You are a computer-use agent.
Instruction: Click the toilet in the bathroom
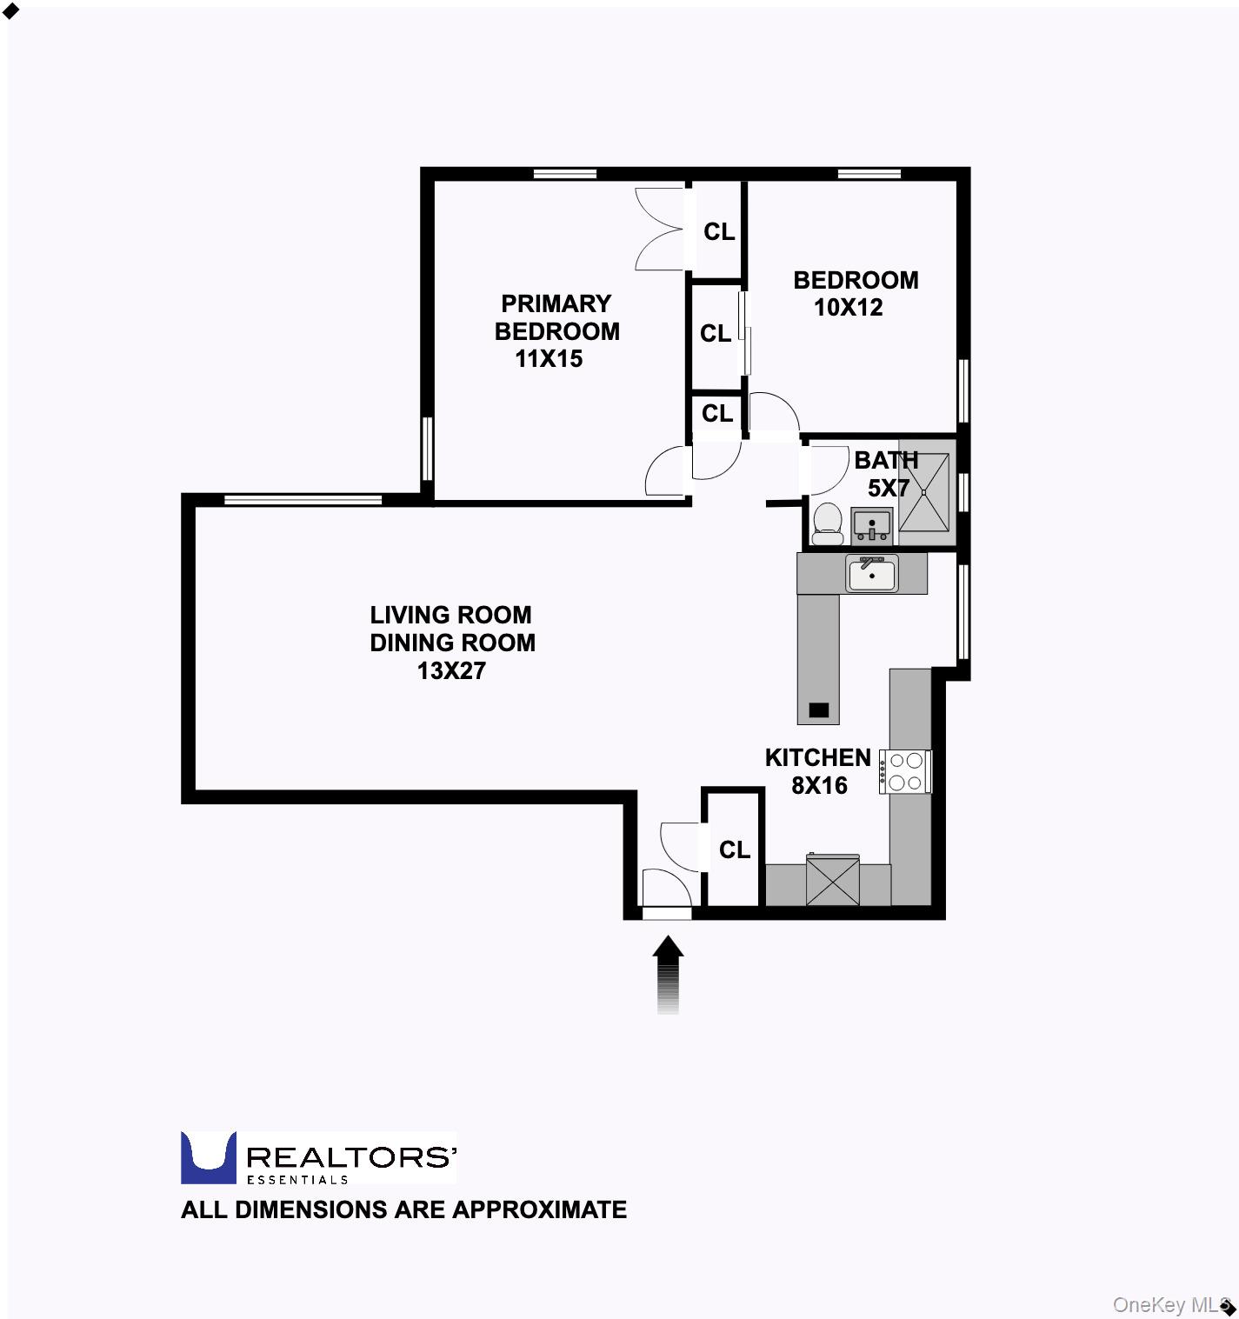[x=827, y=524]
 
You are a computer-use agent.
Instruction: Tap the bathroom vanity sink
[x=871, y=525]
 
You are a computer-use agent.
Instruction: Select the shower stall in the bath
[x=924, y=492]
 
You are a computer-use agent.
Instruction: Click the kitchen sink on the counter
[x=872, y=575]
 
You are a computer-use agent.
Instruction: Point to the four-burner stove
[x=905, y=771]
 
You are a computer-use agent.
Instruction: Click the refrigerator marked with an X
[x=832, y=880]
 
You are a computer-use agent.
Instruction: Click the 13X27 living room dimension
[x=451, y=670]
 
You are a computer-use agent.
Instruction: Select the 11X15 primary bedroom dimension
[x=549, y=358]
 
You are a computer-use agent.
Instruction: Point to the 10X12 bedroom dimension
[x=848, y=307]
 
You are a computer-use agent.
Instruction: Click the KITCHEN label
[x=817, y=757]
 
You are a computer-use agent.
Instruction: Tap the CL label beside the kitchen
[x=734, y=849]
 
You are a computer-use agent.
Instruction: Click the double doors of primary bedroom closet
[x=658, y=229]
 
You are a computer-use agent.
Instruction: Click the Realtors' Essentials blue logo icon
[x=208, y=1157]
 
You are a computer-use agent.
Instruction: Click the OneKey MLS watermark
[x=1169, y=1304]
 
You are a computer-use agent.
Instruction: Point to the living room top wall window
[x=303, y=499]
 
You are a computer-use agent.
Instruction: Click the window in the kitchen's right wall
[x=963, y=612]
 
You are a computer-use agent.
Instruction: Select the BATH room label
[x=885, y=460]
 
